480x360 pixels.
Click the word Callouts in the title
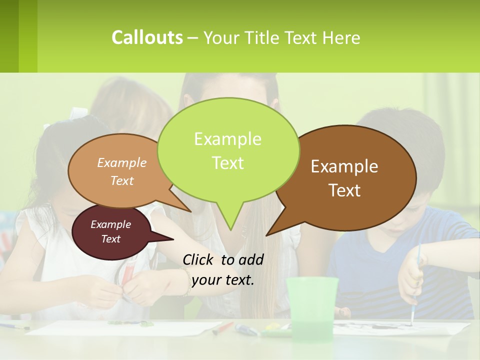point(147,37)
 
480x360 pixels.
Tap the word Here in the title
point(341,37)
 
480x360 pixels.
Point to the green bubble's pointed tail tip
point(230,229)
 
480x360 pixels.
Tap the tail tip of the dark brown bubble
point(267,235)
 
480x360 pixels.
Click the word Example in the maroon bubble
point(110,224)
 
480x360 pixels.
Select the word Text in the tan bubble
point(122,181)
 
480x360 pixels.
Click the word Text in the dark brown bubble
point(345,190)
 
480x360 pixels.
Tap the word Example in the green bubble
point(227,139)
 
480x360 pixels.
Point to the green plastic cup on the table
point(312,305)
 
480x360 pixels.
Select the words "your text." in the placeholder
point(223,280)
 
